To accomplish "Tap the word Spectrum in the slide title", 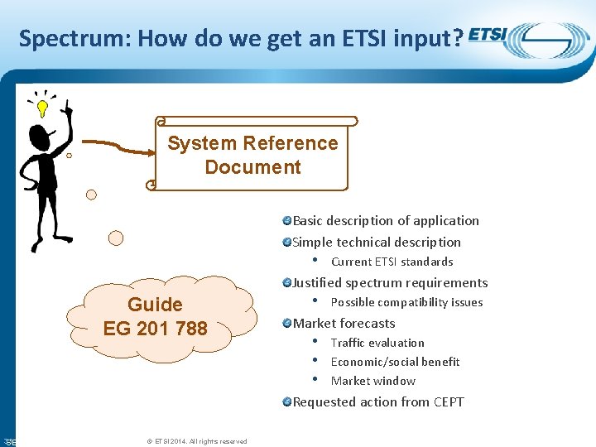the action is [57, 39].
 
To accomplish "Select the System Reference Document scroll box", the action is [252, 155].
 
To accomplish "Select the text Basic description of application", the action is [386, 220].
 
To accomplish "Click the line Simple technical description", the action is [377, 242].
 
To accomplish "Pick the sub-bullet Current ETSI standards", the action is [392, 262].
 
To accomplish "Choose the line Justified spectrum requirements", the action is [390, 282].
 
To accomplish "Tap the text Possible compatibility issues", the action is [406, 302].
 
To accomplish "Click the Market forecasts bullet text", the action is [344, 323].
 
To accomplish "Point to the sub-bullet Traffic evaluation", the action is [377, 343].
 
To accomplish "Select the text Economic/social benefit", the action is [395, 362].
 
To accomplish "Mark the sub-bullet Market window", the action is [372, 381].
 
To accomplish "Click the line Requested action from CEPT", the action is [378, 401].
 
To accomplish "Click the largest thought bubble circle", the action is [116, 238].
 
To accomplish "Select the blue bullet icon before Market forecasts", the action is [286, 323].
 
